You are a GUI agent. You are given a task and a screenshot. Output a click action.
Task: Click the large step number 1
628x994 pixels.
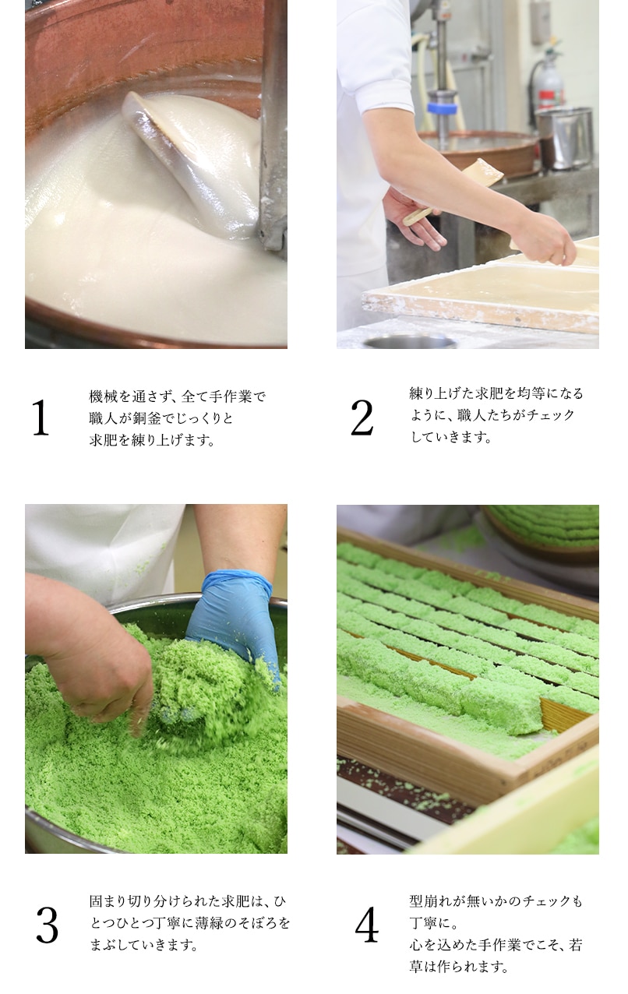40,418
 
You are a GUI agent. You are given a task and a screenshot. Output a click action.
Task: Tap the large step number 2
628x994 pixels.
362,418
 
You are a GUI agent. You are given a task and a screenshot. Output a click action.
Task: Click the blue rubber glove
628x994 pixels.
234,615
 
